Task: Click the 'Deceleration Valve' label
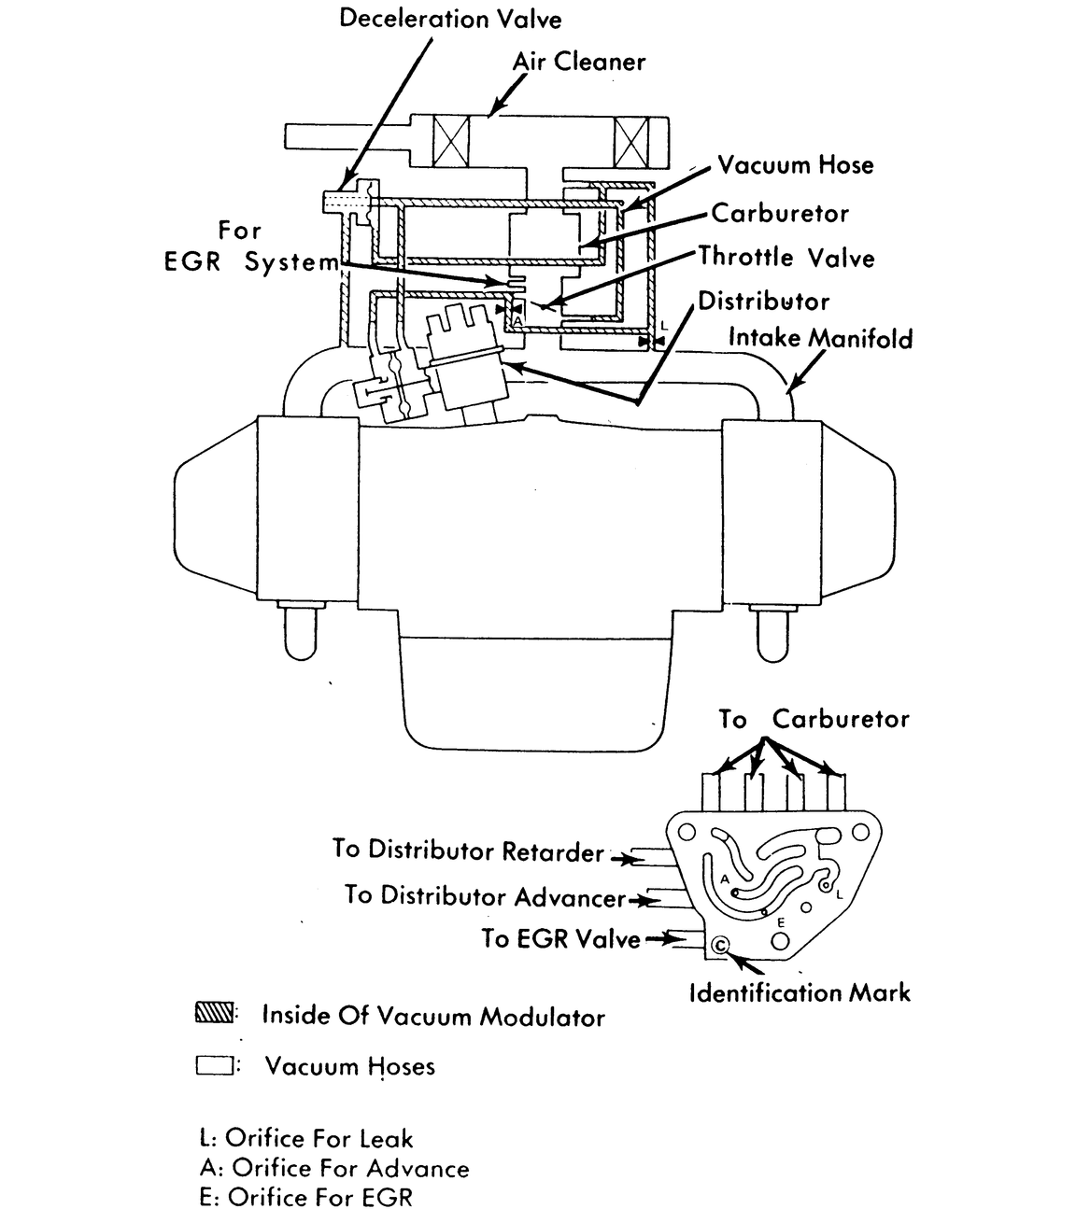(450, 19)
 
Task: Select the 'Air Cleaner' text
(578, 63)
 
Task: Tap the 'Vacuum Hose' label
(795, 166)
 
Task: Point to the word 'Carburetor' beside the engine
(780, 214)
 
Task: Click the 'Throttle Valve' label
(786, 257)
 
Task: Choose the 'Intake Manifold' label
(820, 338)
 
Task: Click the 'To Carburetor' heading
(813, 719)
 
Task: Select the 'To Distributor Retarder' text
(468, 851)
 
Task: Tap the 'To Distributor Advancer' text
(484, 896)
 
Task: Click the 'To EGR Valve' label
(560, 939)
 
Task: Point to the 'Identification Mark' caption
(799, 992)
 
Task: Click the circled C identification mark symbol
(721, 946)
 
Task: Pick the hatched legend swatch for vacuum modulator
(215, 1014)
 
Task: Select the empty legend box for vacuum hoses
(214, 1064)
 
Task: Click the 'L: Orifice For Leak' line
(305, 1138)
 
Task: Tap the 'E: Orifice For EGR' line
(305, 1197)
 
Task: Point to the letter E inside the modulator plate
(781, 922)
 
